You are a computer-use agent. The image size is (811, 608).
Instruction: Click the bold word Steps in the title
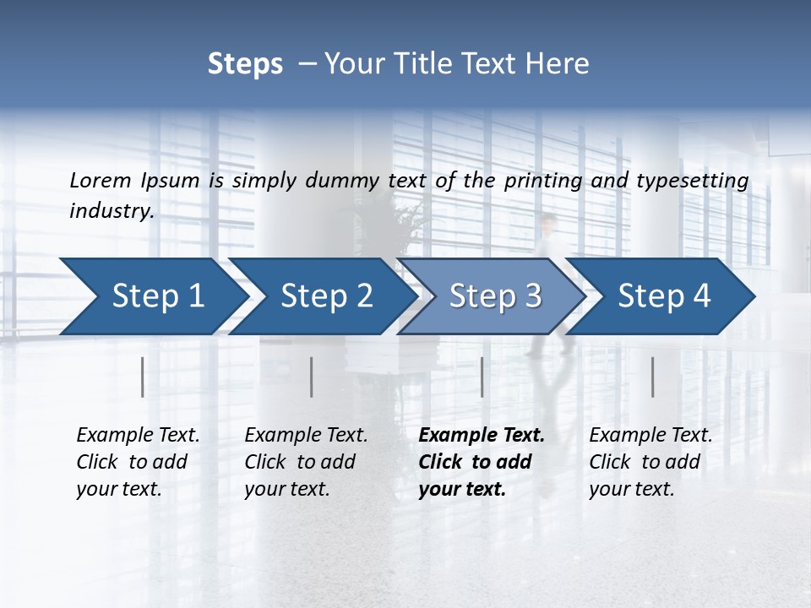245,64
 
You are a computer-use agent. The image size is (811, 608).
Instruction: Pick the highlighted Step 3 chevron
495,296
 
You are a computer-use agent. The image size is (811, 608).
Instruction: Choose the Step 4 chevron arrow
664,296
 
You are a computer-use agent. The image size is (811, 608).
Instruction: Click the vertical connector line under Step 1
143,377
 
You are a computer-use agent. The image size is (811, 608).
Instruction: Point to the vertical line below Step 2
312,377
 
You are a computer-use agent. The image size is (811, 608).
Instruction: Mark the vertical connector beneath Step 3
482,377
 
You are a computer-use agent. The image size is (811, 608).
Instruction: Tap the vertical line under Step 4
653,377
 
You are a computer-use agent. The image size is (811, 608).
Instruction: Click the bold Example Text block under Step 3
482,462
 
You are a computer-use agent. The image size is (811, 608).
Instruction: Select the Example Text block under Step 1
138,462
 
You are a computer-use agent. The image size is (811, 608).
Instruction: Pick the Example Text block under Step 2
306,462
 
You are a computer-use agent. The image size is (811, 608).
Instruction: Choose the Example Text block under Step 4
650,462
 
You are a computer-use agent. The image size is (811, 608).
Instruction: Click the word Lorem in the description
100,181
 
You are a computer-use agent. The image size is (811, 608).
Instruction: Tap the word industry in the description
111,211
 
